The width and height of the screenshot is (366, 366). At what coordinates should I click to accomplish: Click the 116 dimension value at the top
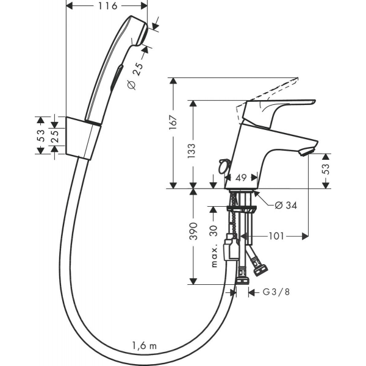click(x=107, y=6)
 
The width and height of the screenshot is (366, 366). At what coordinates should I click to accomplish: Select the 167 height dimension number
click(x=174, y=123)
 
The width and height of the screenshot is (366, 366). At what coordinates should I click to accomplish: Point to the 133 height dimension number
click(x=192, y=151)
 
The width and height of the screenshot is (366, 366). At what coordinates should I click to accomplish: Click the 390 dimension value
click(x=193, y=231)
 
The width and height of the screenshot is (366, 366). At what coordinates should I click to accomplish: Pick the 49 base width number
click(x=241, y=178)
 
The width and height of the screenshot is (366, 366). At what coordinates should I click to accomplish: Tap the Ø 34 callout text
click(x=285, y=206)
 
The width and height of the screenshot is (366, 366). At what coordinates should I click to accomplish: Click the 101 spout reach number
click(x=276, y=236)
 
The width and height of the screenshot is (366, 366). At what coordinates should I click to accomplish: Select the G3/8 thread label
click(x=276, y=292)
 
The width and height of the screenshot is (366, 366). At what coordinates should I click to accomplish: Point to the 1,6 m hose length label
click(x=145, y=346)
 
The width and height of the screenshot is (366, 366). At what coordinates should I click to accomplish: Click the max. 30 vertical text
click(x=214, y=246)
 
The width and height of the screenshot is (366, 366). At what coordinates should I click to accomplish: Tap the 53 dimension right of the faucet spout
click(x=326, y=169)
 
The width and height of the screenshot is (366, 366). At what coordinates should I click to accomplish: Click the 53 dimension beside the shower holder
click(x=41, y=135)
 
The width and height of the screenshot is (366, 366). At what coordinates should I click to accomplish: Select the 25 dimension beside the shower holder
click(x=55, y=137)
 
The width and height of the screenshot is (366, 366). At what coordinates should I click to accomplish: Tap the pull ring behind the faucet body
click(x=223, y=166)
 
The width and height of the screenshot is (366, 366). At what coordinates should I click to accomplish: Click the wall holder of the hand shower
click(x=83, y=138)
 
